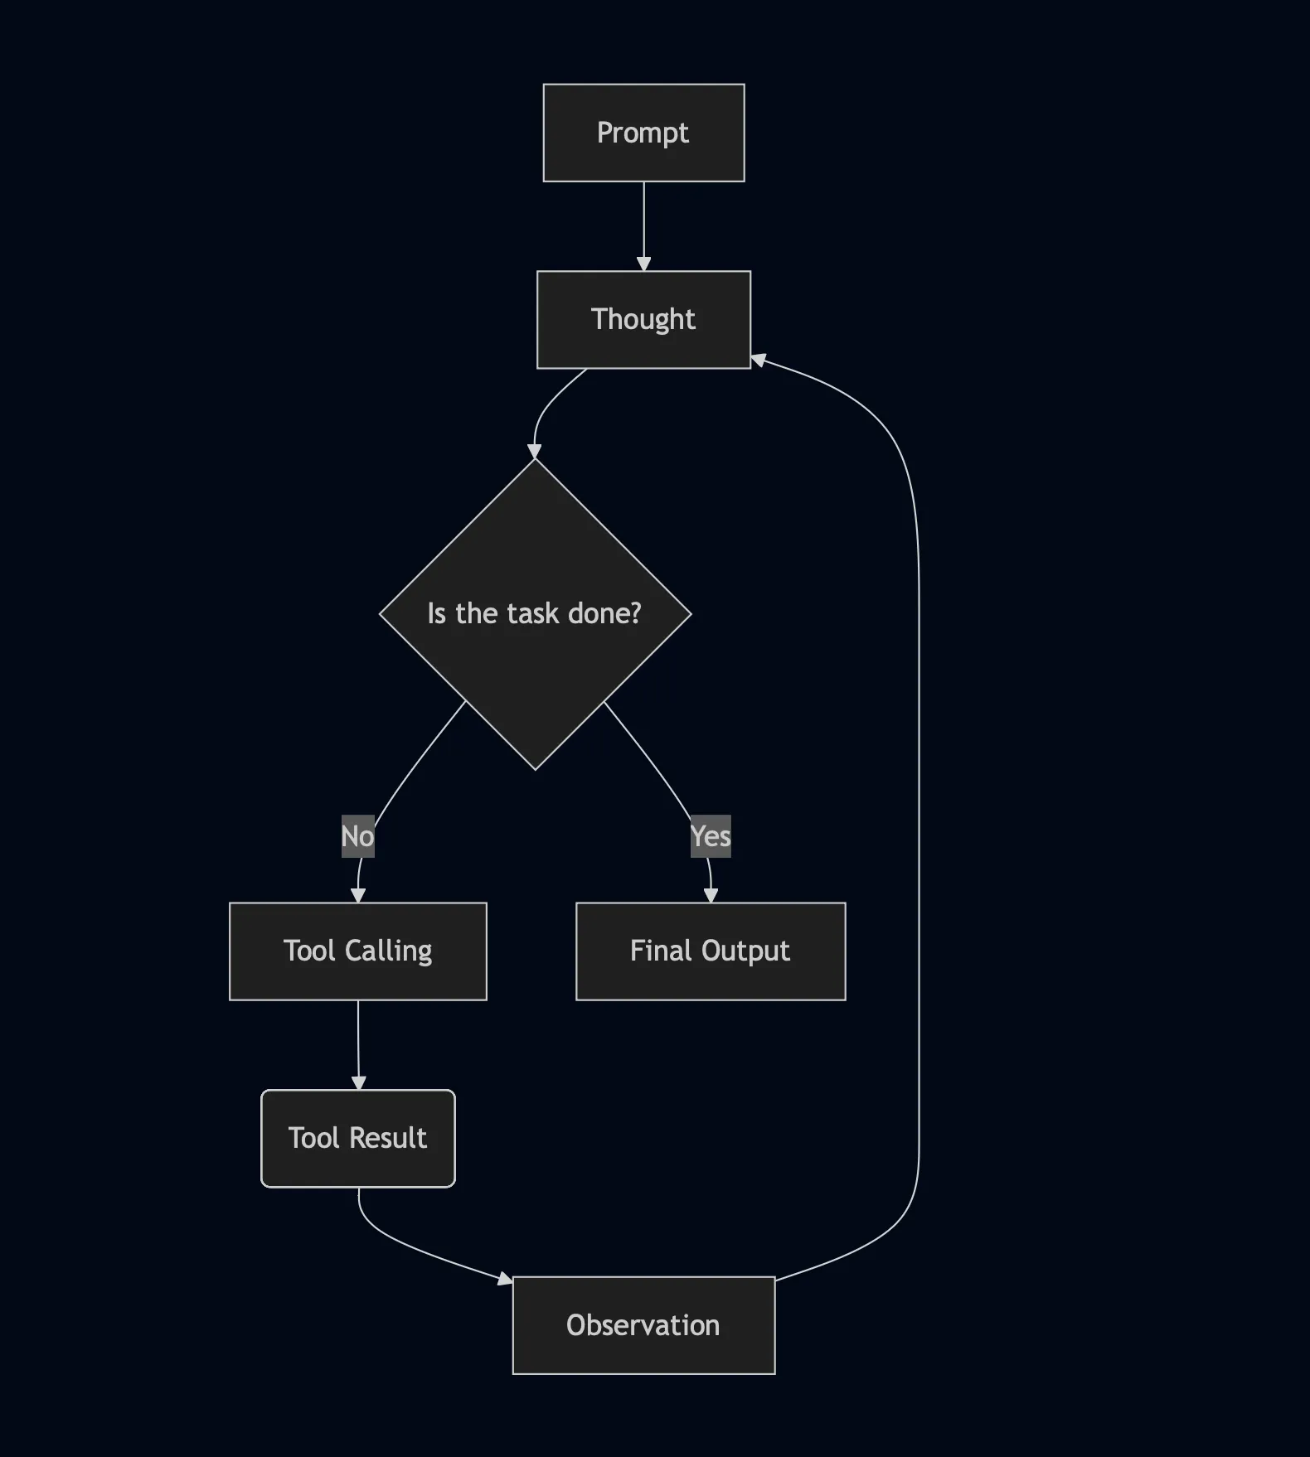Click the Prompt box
[x=643, y=133]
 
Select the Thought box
[x=643, y=319]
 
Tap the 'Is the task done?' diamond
[x=535, y=614]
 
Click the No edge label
[x=357, y=836]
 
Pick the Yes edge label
[x=711, y=836]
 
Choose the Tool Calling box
[x=357, y=951]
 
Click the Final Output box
[x=711, y=951]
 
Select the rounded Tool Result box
[x=357, y=1138]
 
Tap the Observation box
[x=643, y=1325]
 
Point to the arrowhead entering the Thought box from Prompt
[x=643, y=264]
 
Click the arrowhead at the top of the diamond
[x=535, y=451]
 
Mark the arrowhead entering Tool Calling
[x=358, y=895]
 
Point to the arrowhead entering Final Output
[x=711, y=895]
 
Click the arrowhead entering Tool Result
[x=358, y=1082]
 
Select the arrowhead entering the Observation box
[x=505, y=1279]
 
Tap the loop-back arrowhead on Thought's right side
[x=758, y=360]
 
